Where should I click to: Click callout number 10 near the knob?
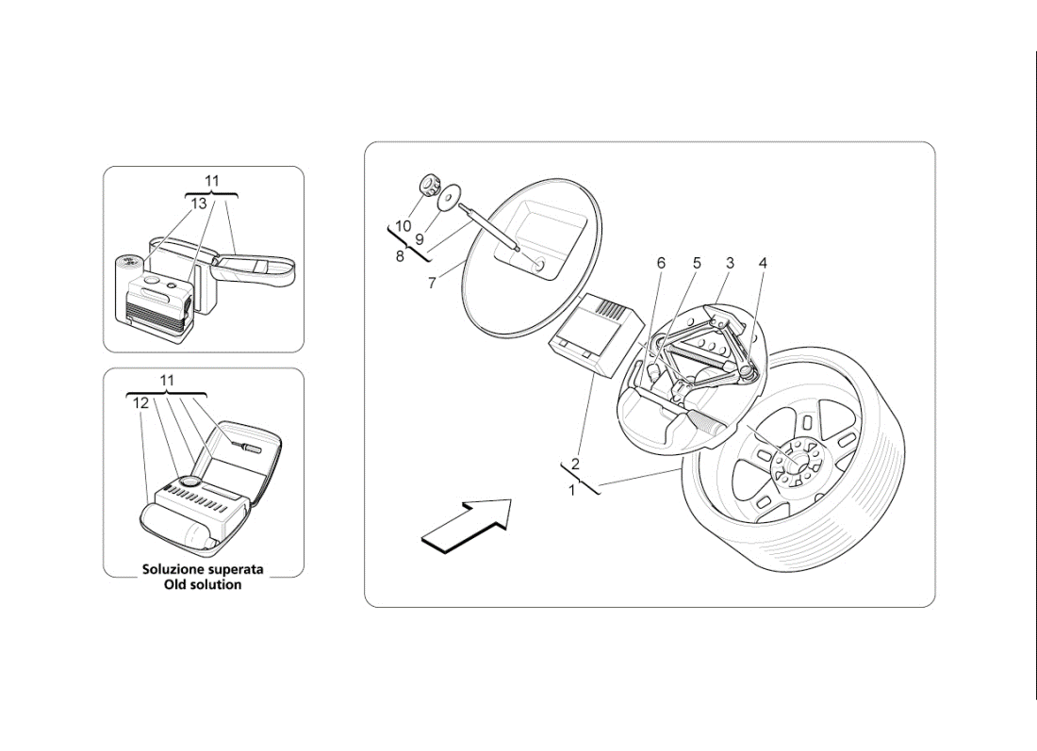pos(403,226)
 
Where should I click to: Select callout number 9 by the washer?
pos(420,239)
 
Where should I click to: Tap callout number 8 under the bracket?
pos(400,255)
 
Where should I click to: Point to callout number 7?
pos(432,283)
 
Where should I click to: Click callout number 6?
pos(661,263)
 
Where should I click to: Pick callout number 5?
pos(697,263)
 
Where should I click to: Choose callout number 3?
pos(730,263)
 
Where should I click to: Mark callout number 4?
pos(763,263)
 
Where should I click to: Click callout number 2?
pos(575,464)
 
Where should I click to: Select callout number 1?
pos(571,490)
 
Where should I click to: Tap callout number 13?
pos(198,204)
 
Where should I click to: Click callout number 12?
pos(140,402)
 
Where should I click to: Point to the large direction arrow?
pos(466,523)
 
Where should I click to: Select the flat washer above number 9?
pos(450,194)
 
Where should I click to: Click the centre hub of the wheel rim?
pos(790,461)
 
